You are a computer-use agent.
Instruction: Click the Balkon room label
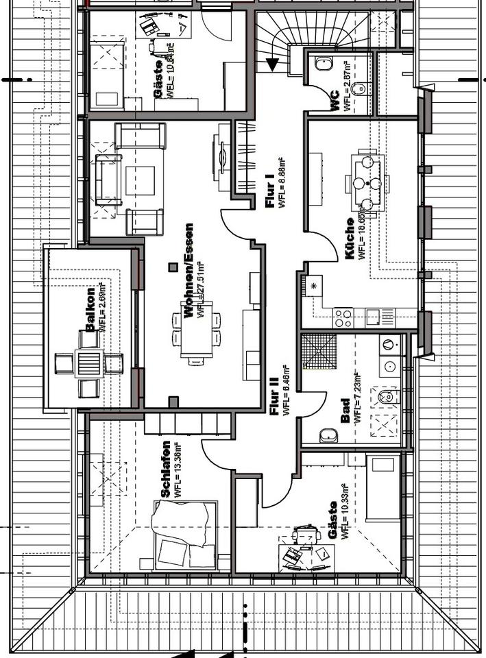(90, 319)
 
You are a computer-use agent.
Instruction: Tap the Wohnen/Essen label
(188, 270)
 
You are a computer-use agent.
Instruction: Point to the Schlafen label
(165, 467)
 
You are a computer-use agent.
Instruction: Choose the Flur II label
(276, 401)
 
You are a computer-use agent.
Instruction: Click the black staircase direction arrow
(272, 65)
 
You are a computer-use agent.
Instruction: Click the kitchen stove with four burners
(343, 317)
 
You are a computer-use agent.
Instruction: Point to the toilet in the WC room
(324, 64)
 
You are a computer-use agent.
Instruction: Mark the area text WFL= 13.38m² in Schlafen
(178, 469)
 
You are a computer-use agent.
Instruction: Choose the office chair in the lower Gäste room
(306, 535)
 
